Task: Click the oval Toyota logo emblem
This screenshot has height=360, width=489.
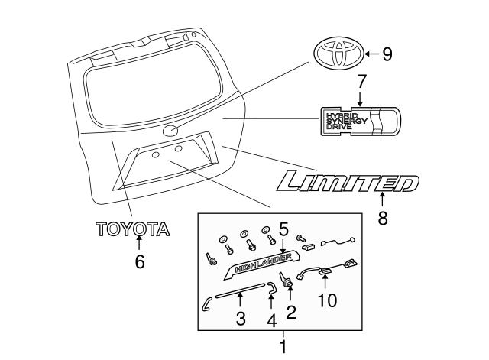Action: point(337,54)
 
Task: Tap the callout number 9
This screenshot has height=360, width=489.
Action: point(387,54)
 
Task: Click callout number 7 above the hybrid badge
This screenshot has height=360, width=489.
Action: point(362,80)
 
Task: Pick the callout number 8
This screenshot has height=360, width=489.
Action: point(383,218)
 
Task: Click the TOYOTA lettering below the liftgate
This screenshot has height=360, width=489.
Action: point(131,229)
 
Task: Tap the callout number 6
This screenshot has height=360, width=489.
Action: point(139,261)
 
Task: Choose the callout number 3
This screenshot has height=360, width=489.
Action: point(240,318)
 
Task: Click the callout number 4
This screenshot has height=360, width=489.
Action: point(270,322)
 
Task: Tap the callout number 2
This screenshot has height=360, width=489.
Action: point(290,311)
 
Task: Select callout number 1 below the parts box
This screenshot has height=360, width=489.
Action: point(283,348)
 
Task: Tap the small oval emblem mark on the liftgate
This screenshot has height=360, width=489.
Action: point(170,131)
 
